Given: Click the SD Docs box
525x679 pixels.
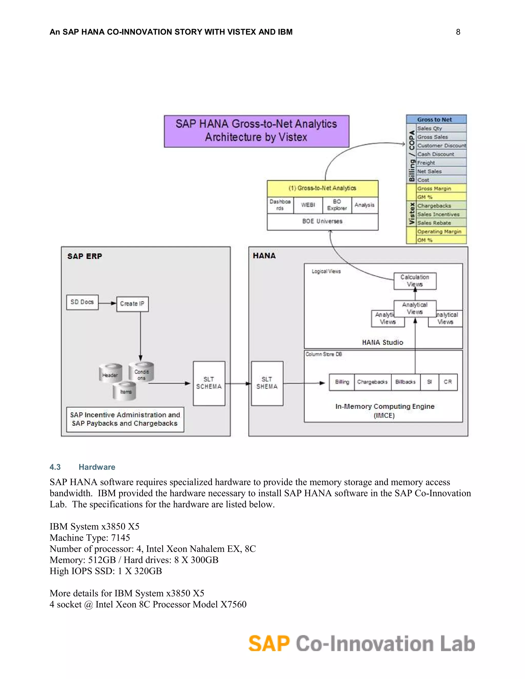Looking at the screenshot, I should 82,302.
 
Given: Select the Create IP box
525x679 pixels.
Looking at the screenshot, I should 132,304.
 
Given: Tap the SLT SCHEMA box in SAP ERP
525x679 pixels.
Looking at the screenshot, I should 209,383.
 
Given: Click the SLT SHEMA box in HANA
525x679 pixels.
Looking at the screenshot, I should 267,383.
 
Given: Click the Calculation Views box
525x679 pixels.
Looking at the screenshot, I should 415,281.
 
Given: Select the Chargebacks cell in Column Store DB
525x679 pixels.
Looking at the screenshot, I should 372,382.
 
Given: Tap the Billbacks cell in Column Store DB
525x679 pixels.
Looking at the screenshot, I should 405,382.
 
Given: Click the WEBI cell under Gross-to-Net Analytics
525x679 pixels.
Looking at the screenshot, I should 308,205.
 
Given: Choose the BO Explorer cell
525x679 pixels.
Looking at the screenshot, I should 337,205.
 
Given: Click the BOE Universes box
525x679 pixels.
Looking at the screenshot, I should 322,221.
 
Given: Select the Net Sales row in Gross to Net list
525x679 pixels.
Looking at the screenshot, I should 441,171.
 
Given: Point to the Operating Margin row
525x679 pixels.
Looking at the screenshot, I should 441,232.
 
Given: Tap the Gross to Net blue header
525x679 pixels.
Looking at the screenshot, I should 436,119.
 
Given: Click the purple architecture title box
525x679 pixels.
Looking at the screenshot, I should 256,131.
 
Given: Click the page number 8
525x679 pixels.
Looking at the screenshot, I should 458,32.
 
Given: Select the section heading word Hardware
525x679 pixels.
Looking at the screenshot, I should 97,467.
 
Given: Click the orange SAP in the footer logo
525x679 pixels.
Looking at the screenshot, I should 269,644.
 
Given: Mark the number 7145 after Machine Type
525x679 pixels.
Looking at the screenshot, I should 120,538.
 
